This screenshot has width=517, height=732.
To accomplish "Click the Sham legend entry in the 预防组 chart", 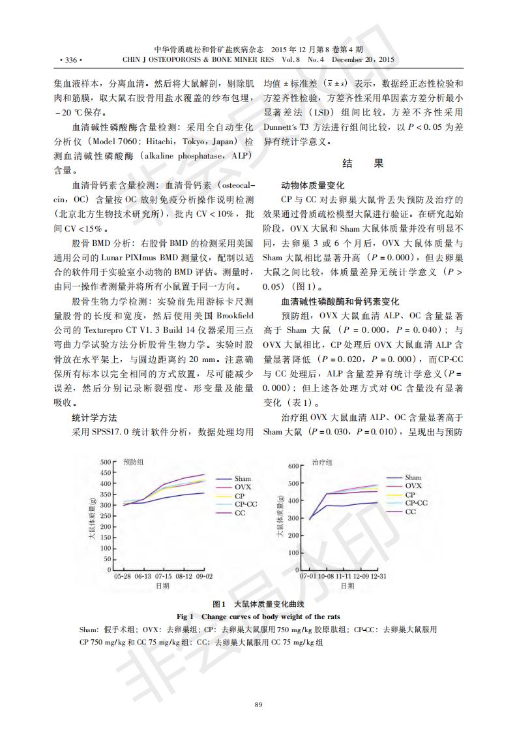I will click(x=243, y=479).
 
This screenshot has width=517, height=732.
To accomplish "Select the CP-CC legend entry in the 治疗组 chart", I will click(x=417, y=503).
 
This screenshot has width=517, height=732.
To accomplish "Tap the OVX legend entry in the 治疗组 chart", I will click(x=413, y=486).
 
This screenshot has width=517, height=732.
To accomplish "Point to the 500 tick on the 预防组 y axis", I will click(x=106, y=462).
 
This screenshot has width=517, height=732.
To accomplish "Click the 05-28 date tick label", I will click(x=123, y=577).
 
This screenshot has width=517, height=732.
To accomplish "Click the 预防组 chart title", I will click(x=133, y=461).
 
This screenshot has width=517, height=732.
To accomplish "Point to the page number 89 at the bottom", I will click(x=258, y=703).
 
